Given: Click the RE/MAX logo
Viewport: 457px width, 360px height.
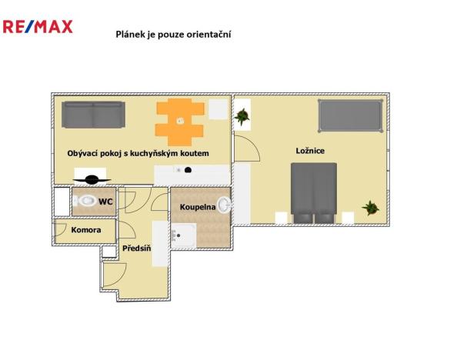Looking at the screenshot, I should point(38,27).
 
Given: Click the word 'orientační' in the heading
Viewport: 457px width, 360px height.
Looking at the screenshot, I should point(208,34).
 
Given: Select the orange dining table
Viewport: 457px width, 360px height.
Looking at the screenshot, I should point(180,121).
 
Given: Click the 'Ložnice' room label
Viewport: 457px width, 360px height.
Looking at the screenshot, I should point(310,151).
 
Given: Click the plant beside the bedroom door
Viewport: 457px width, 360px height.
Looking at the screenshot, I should point(243,116).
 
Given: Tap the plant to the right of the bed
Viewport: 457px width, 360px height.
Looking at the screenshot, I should point(371,207).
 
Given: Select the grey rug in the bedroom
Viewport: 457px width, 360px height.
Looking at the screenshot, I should point(350,116).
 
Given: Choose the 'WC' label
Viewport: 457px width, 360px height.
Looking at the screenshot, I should point(106,202).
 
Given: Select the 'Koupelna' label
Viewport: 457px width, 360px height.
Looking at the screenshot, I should point(197,208).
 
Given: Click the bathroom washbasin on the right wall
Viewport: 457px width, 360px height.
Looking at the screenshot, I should point(224,205).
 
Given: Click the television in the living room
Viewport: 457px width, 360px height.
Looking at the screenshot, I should point(93,181).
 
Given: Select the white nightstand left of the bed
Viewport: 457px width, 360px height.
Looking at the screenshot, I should point(281,218).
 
